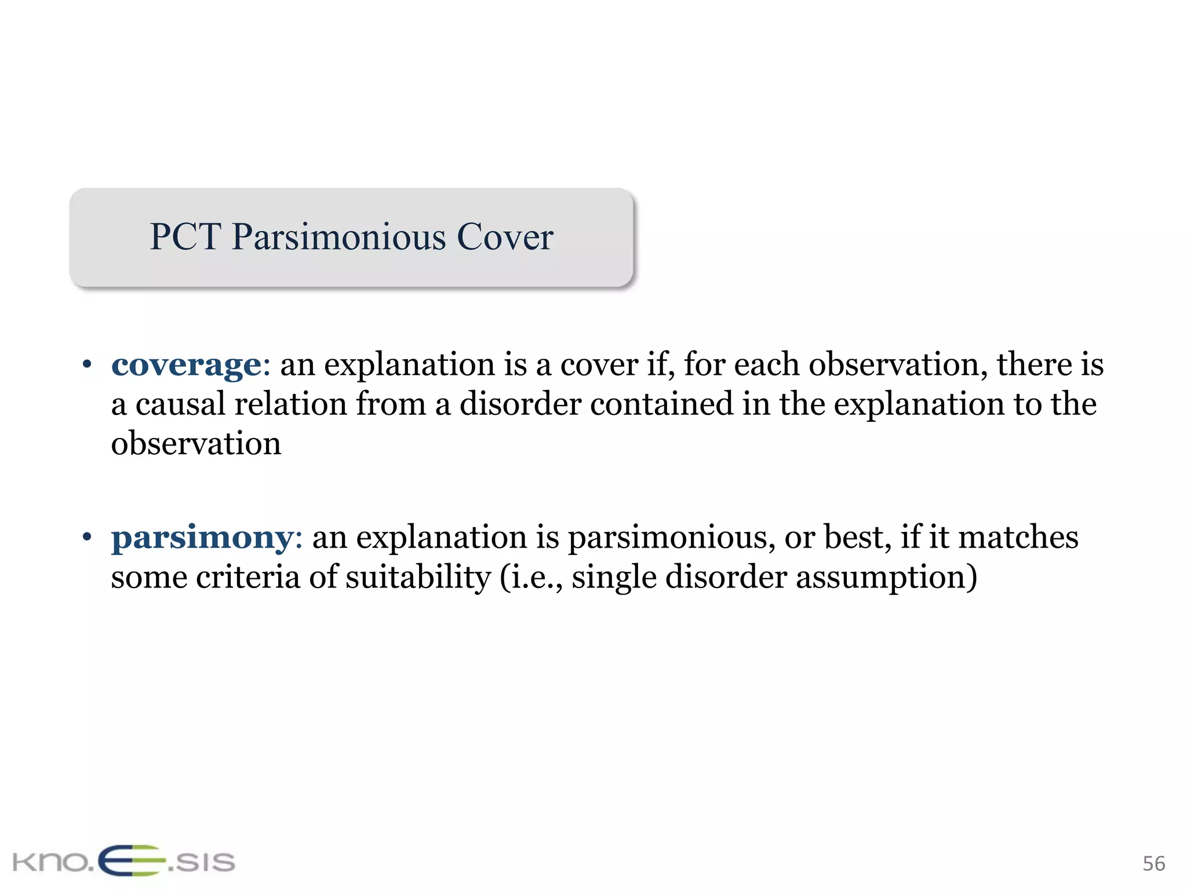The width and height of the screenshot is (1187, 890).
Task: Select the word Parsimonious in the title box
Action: (339, 238)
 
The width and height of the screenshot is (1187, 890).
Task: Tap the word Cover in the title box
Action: (505, 237)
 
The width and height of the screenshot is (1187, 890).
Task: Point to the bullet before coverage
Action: (87, 365)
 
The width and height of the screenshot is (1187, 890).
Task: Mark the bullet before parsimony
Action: (87, 537)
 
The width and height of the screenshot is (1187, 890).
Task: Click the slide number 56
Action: (1153, 863)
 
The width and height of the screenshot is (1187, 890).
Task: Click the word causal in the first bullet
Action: (180, 404)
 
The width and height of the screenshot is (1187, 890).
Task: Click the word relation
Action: (290, 404)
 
